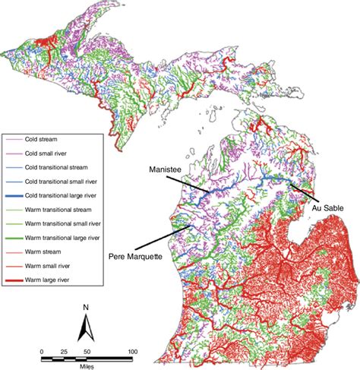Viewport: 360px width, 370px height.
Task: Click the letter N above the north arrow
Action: pos(85,308)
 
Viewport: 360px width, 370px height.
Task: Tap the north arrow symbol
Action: pos(85,328)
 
